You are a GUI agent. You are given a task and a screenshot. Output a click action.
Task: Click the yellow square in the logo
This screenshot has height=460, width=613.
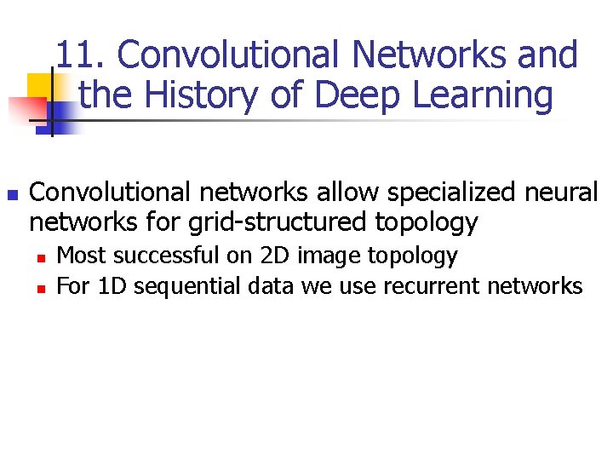(x=41, y=86)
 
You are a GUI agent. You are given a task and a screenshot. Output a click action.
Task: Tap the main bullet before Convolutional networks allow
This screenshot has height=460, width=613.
(x=12, y=194)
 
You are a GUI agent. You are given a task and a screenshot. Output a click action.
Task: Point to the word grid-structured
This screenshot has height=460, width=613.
(x=279, y=222)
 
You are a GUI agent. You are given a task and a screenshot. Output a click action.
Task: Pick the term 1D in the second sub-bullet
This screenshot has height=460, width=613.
(x=112, y=286)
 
